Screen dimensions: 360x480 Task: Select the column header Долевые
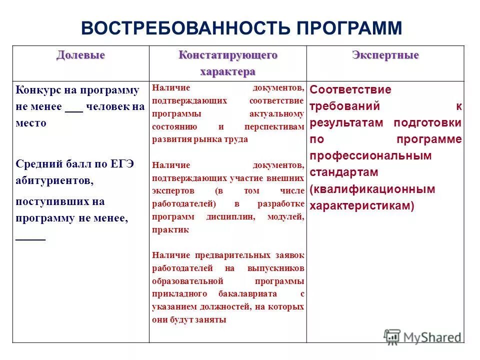[80, 55]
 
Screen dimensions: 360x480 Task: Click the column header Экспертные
[385, 55]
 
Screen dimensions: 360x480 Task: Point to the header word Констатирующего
[227, 55]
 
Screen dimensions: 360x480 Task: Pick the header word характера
[227, 71]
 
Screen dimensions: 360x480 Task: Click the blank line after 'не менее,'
[30, 239]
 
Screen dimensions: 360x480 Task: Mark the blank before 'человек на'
[74, 109]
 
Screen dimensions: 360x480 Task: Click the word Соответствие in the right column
[350, 90]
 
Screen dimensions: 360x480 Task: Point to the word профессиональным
[370, 155]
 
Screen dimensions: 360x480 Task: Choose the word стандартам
[343, 172]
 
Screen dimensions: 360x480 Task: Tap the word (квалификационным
[372, 189]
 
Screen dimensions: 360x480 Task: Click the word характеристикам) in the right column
[361, 205]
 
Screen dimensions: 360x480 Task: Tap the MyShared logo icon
[391, 337]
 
